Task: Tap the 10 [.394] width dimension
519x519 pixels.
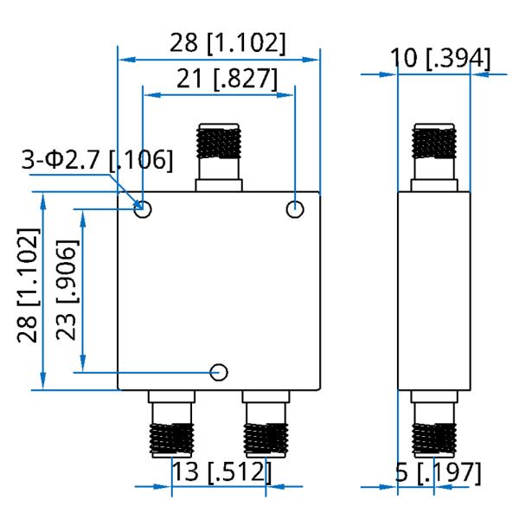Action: click(439, 58)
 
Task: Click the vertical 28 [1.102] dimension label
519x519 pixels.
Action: click(29, 286)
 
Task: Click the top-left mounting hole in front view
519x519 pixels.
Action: click(144, 208)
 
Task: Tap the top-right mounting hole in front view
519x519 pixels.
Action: click(295, 208)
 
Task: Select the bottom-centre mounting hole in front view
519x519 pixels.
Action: click(220, 372)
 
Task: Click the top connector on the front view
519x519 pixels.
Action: click(219, 156)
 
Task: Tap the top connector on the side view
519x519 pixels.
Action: click(433, 156)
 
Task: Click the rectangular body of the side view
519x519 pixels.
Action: click(433, 291)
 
